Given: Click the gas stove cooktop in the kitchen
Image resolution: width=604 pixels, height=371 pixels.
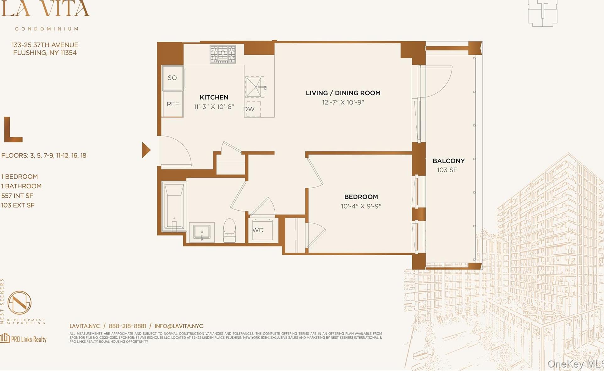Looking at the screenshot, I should tap(223, 54).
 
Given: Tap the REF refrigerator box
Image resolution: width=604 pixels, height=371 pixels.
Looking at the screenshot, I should tap(173, 104).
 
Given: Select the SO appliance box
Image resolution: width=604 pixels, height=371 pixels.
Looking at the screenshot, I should tap(173, 78).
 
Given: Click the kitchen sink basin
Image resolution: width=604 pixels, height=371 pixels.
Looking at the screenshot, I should tap(254, 87).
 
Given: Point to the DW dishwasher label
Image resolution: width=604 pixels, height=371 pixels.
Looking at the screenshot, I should tap(249, 109).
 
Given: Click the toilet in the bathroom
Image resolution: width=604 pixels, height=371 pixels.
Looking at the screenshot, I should tap(229, 230).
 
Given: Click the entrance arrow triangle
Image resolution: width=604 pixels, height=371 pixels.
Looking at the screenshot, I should tap(146, 150).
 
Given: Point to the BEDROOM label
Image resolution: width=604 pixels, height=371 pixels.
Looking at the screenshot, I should tap(361, 197).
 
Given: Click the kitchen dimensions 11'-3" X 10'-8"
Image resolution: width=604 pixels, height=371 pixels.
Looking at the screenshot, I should tap(214, 107).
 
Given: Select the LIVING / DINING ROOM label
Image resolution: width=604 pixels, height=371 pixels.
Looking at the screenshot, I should tap(343, 93).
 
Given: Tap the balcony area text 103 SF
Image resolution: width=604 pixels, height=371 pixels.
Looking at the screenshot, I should tap(447, 170).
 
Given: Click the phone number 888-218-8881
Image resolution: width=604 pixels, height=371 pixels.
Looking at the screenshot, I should tap(127, 326).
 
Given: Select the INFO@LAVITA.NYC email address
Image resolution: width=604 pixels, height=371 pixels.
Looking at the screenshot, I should tap(179, 326).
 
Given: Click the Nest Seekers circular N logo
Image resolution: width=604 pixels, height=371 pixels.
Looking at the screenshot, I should tap(19, 302).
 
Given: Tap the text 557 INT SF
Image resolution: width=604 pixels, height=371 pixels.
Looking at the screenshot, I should tap(17, 196).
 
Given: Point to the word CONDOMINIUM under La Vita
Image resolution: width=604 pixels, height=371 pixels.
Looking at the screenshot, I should tap(47, 29).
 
